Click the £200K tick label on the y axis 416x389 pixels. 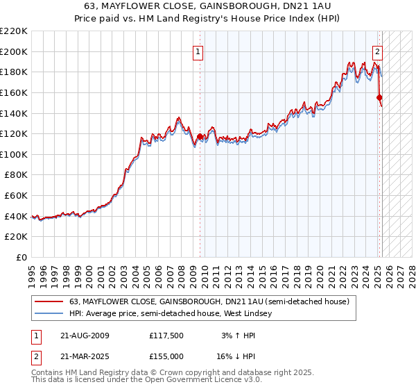point(14,51)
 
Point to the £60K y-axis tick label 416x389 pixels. point(16,196)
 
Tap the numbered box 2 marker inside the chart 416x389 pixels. point(378,50)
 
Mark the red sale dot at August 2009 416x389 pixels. point(200,137)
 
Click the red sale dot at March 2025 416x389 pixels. point(379,98)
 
